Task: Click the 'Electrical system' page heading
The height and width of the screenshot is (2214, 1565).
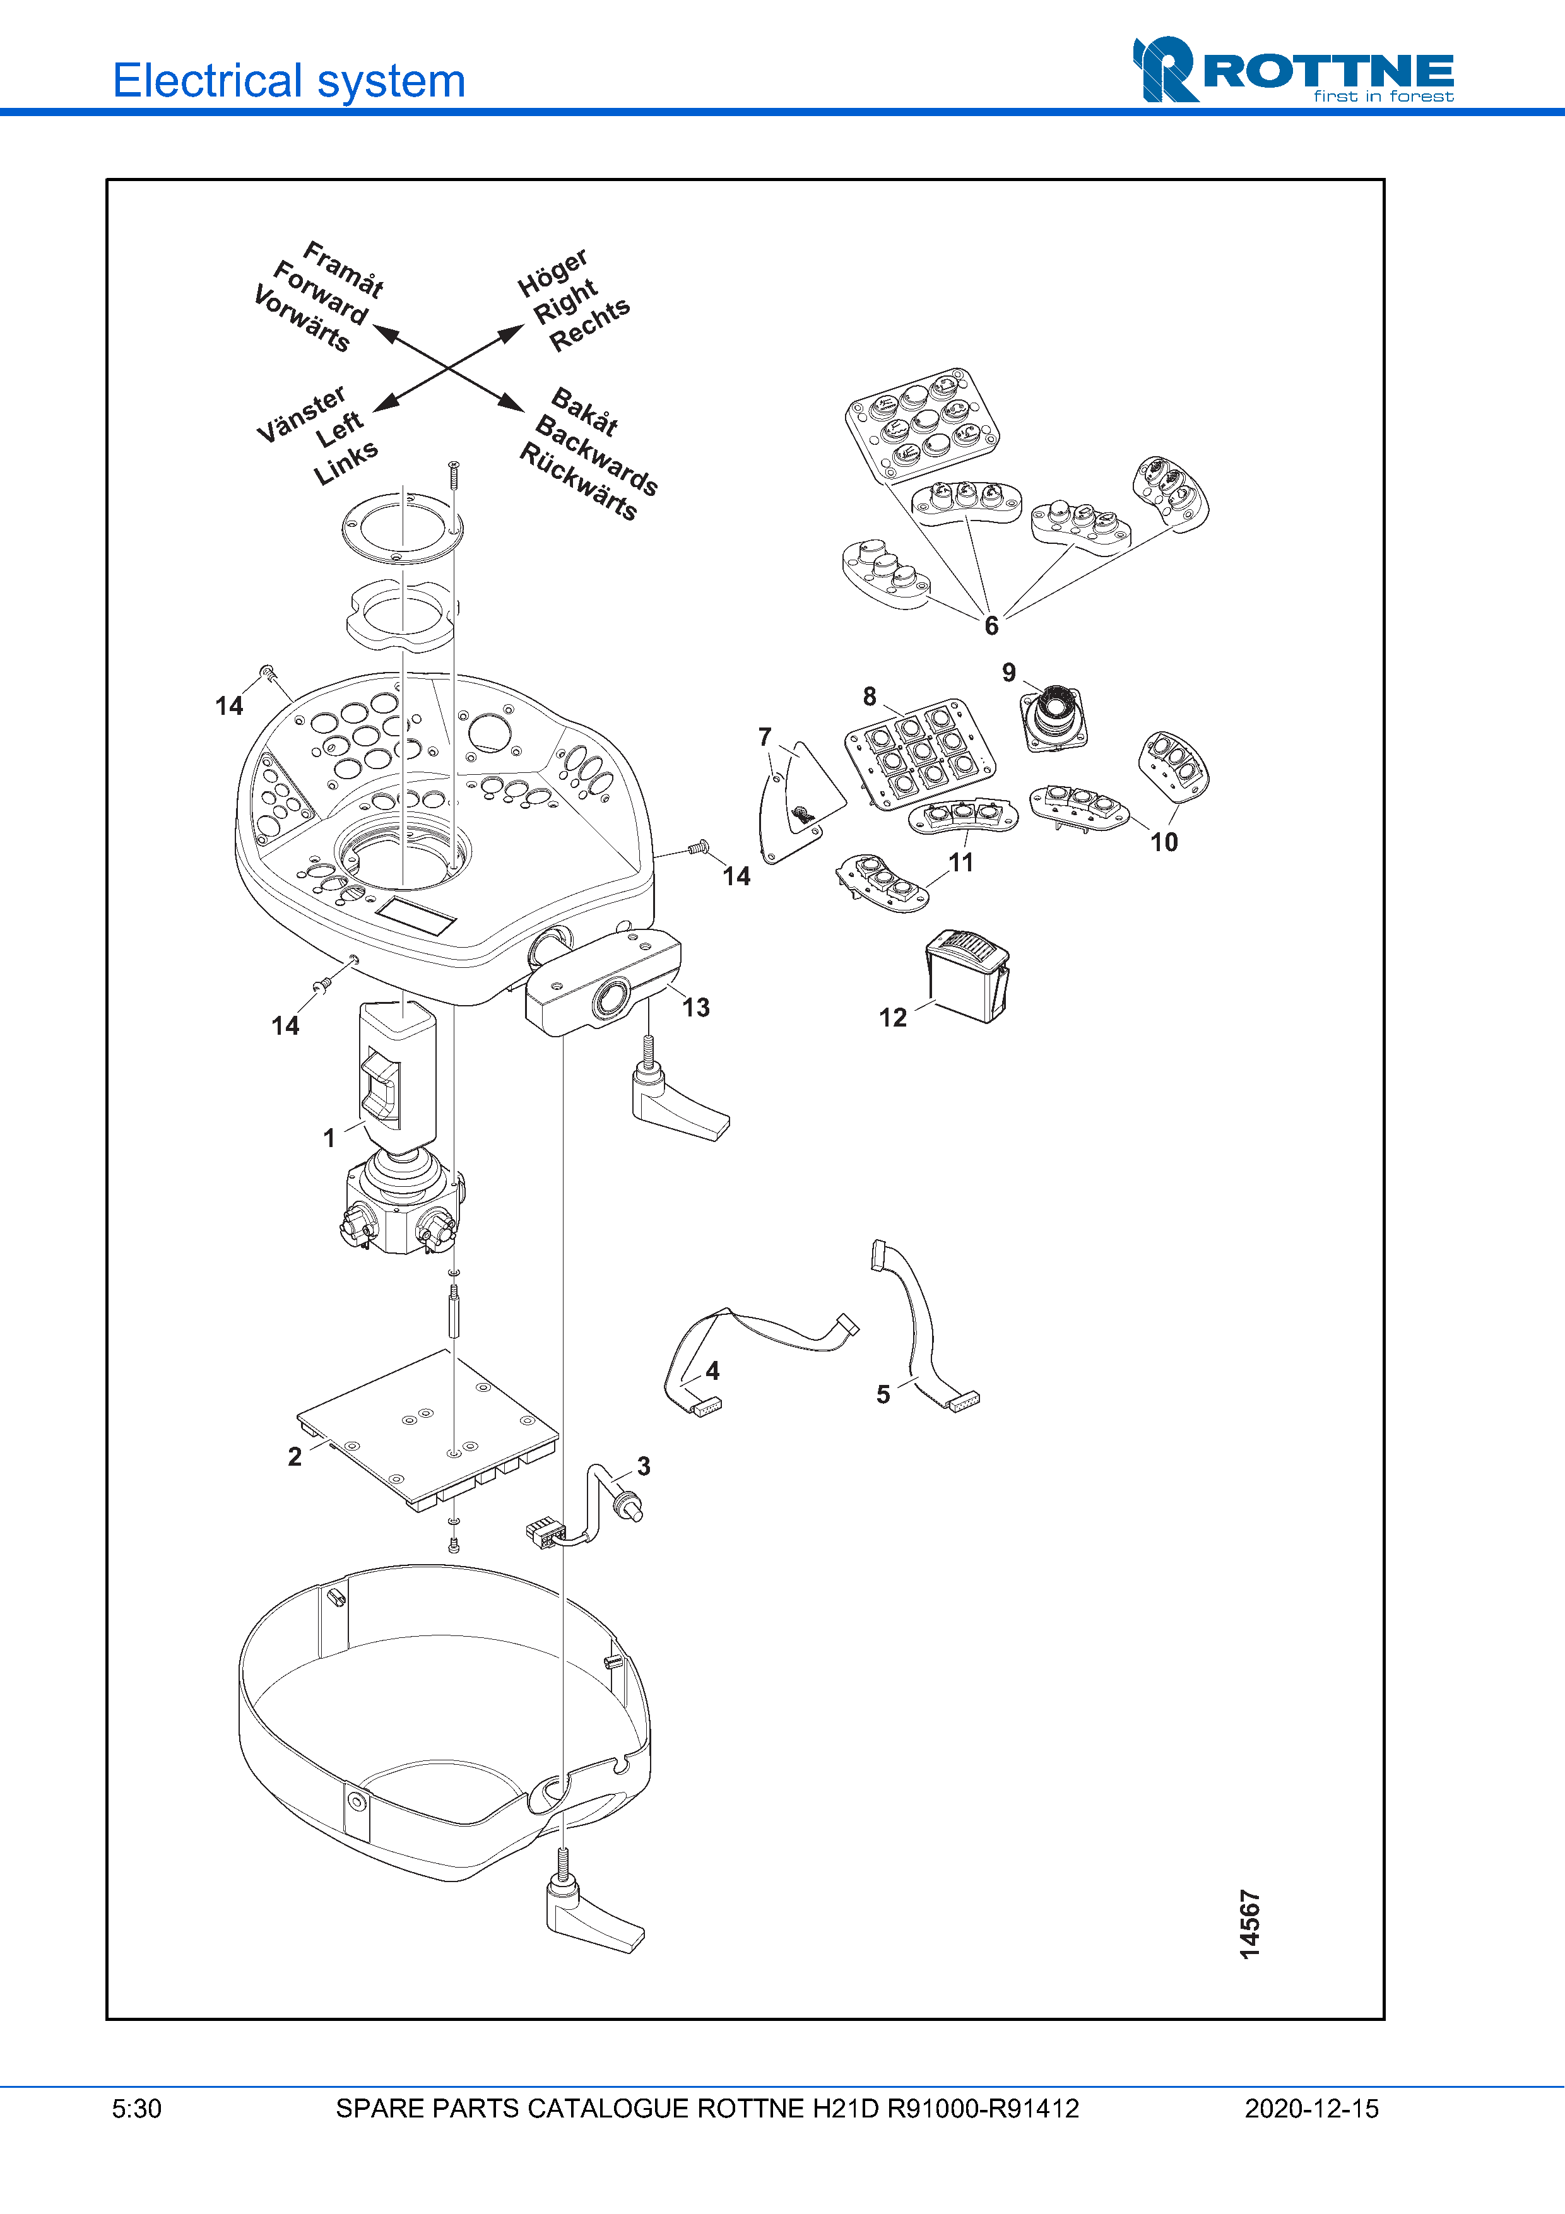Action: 289,80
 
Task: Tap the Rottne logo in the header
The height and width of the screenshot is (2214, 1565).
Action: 1292,71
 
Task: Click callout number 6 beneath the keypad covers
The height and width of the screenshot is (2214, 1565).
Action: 991,626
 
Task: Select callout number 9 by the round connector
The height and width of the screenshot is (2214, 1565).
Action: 1008,672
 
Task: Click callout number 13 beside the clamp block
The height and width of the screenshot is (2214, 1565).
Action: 695,1008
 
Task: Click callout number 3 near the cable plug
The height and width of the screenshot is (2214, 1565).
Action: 643,1467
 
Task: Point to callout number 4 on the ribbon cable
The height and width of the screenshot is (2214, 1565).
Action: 712,1370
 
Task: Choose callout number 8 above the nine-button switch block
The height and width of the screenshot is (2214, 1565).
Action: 870,696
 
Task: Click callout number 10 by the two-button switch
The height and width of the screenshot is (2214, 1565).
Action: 1164,842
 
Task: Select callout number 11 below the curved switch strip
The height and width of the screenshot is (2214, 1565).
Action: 961,862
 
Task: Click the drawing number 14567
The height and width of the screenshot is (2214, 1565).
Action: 1249,1924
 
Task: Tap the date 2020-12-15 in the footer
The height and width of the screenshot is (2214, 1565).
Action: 1311,2109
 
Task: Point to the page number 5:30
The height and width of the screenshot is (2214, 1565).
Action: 137,2109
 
